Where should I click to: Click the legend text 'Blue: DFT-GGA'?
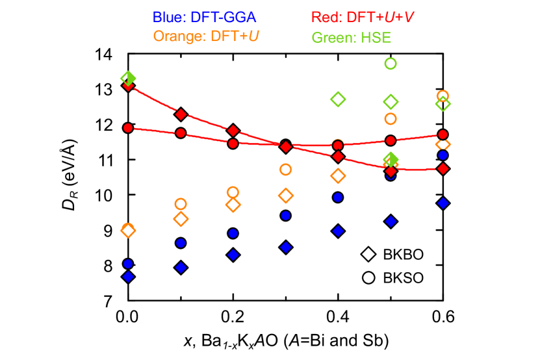pyautogui.click(x=204, y=18)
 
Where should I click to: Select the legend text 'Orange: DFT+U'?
pyautogui.click(x=206, y=36)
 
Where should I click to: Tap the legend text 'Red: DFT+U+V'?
pyautogui.click(x=363, y=18)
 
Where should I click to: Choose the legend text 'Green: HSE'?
pyautogui.click(x=351, y=38)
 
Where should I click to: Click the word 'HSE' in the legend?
pyautogui.click(x=376, y=38)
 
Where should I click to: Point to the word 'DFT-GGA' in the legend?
pyautogui.click(x=224, y=18)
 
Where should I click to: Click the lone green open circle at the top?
pyautogui.click(x=390, y=64)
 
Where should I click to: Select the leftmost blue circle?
pyautogui.click(x=128, y=264)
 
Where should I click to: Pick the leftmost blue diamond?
pyautogui.click(x=128, y=277)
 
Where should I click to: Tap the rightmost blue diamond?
pyautogui.click(x=443, y=203)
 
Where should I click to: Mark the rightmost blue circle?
pyautogui.click(x=443, y=155)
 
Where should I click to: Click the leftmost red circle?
pyautogui.click(x=128, y=128)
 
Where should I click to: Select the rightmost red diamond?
pyautogui.click(x=443, y=169)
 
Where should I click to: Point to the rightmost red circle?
pyautogui.click(x=443, y=135)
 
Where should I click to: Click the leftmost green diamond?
pyautogui.click(x=128, y=78)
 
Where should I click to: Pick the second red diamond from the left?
pyautogui.click(x=181, y=114)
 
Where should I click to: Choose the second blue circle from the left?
pyautogui.click(x=181, y=243)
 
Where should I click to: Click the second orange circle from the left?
pyautogui.click(x=181, y=204)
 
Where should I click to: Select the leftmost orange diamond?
pyautogui.click(x=128, y=230)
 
